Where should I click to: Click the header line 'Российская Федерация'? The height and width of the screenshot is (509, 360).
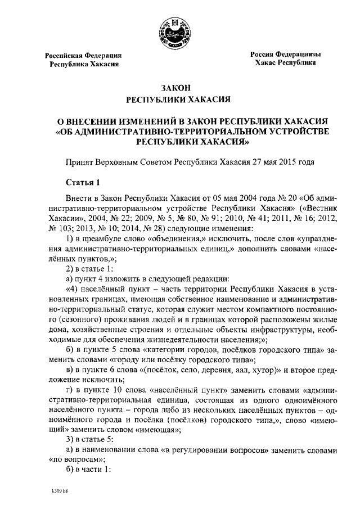point(84,55)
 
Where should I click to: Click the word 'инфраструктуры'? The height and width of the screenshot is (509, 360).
point(280,327)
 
